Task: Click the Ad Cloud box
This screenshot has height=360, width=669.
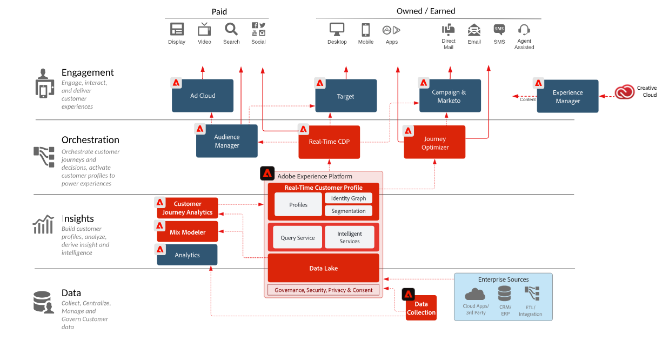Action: click(x=203, y=96)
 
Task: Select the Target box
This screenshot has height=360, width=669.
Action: click(x=346, y=96)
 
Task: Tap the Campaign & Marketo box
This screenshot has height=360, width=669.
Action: click(x=449, y=96)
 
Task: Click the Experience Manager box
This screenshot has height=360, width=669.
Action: click(x=567, y=96)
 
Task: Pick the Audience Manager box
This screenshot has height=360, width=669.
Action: click(x=227, y=141)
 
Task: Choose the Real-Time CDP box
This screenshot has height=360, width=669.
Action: click(x=329, y=142)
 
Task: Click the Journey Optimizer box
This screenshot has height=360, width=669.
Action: click(x=434, y=143)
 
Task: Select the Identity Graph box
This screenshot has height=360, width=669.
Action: click(x=349, y=198)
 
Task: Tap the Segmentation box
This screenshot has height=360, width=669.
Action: click(x=349, y=211)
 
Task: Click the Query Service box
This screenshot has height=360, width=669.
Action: click(x=298, y=237)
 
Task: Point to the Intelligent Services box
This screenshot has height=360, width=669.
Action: click(x=350, y=237)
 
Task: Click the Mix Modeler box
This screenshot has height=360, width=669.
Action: click(x=188, y=232)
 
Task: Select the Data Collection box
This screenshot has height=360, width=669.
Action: click(x=421, y=308)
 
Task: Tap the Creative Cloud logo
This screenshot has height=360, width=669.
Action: click(x=624, y=92)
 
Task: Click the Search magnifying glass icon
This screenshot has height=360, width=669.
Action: click(x=231, y=29)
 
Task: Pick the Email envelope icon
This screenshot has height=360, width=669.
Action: click(x=474, y=29)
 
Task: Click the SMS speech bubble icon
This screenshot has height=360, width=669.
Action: click(x=499, y=29)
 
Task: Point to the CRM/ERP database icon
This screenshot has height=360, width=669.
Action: click(x=505, y=294)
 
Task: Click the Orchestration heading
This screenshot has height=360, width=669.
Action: click(x=90, y=140)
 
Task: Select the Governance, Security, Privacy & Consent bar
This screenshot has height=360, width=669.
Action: click(x=323, y=290)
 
